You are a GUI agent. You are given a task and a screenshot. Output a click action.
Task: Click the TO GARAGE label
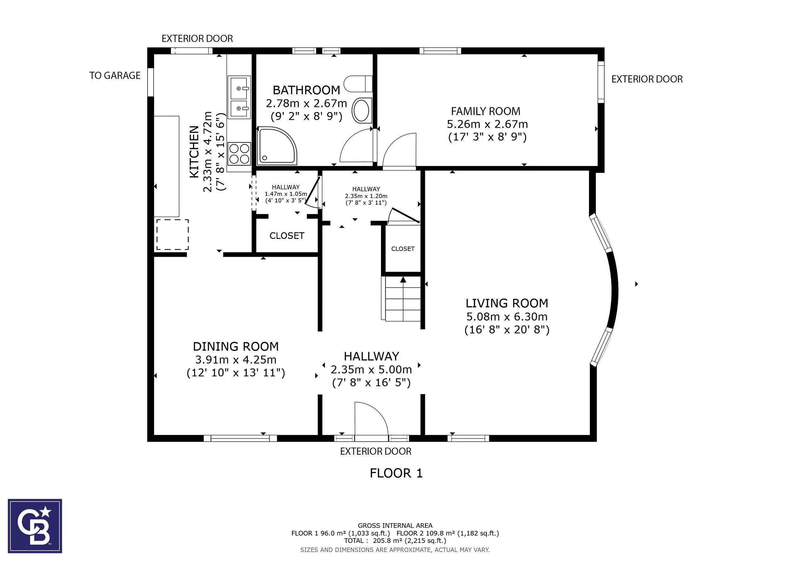pyautogui.click(x=115, y=76)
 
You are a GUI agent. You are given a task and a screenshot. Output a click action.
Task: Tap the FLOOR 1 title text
pyautogui.click(x=396, y=473)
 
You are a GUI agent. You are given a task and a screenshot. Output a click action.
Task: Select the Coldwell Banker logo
pyautogui.click(x=35, y=526)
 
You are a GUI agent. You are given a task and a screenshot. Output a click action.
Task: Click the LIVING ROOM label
pyautogui.click(x=507, y=303)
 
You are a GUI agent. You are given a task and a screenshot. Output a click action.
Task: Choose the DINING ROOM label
pyautogui.click(x=236, y=346)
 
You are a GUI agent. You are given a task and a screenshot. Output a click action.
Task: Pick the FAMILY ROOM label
pyautogui.click(x=486, y=111)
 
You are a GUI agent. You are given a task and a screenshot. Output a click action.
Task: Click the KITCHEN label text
pyautogui.click(x=194, y=152)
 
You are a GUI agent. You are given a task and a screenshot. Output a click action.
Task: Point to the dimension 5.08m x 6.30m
pyautogui.click(x=507, y=316)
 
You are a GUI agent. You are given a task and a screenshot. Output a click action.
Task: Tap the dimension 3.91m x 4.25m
pyautogui.click(x=236, y=360)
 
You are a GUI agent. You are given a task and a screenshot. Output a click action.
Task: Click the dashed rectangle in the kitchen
pyautogui.click(x=173, y=234)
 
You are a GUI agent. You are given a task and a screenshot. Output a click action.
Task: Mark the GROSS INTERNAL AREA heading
pyautogui.click(x=395, y=526)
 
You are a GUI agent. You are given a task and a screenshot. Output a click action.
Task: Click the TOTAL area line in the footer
pyautogui.click(x=395, y=541)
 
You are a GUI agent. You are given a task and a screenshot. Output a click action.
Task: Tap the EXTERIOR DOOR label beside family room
pyautogui.click(x=647, y=79)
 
